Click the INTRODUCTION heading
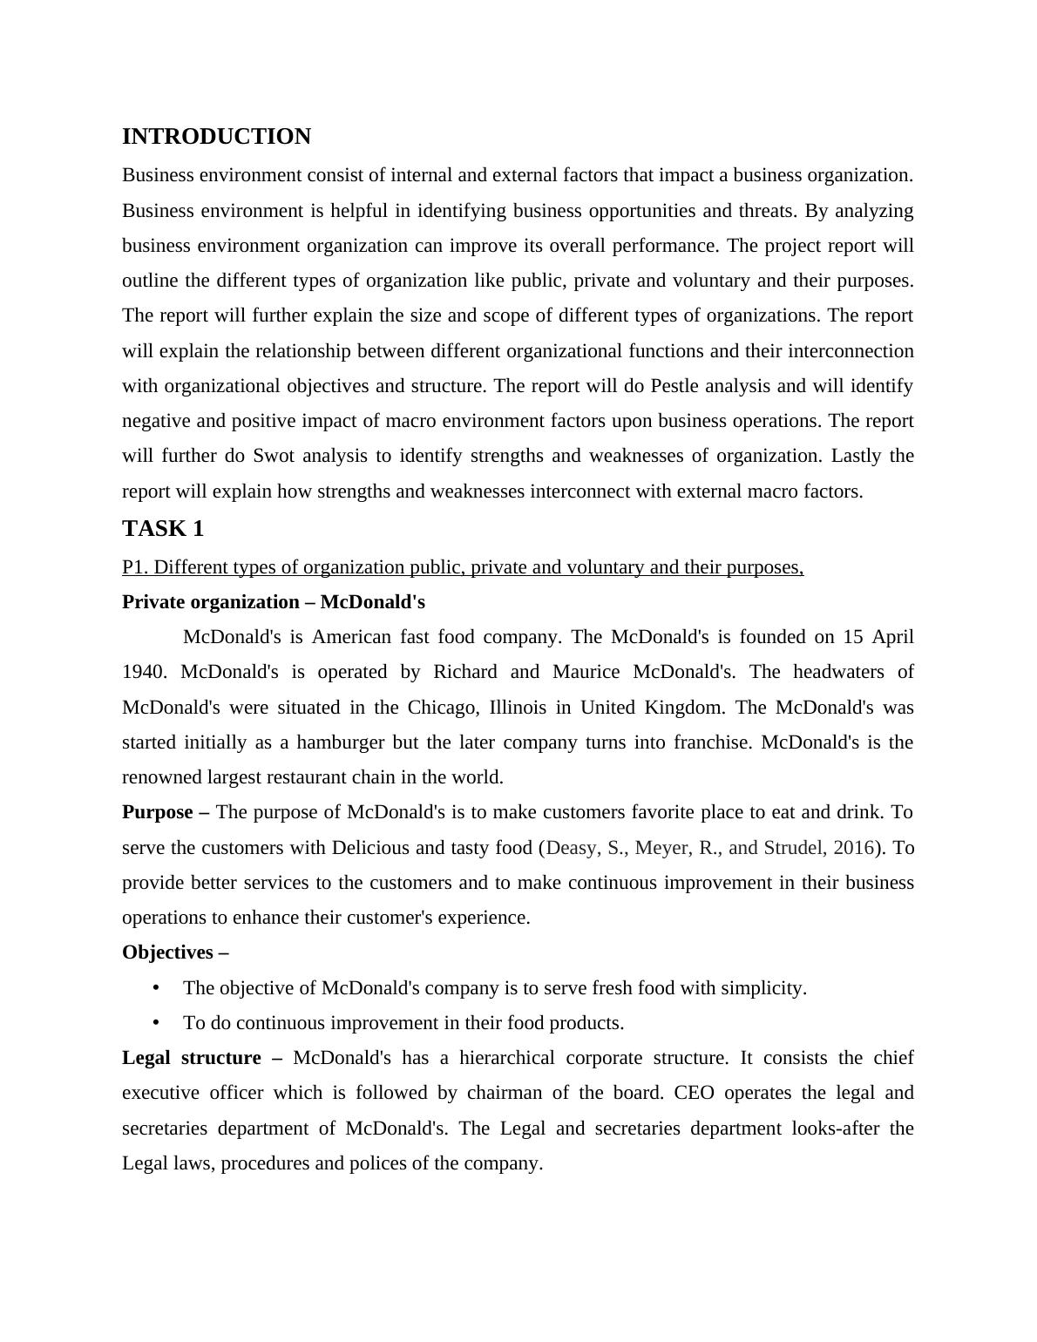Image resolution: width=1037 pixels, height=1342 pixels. (216, 137)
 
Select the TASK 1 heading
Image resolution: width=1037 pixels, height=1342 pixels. (163, 529)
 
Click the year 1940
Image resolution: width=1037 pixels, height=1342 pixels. (144, 672)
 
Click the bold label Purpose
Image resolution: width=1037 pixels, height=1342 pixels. (158, 812)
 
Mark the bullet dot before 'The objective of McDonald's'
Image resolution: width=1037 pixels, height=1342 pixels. (156, 988)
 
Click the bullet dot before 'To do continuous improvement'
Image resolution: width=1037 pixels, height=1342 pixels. (156, 1023)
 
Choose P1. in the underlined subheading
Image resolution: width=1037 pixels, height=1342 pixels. (135, 567)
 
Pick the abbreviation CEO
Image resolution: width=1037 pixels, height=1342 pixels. (694, 1093)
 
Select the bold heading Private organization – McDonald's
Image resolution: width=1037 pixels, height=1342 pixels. (274, 602)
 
